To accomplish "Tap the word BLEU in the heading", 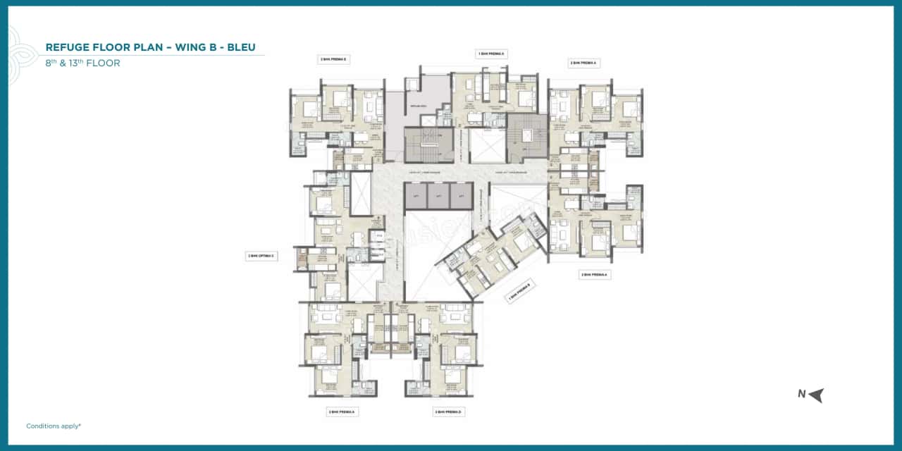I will pos(239,47).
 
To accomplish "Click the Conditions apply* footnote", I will pos(54,426).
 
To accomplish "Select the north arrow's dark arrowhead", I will pos(816,395).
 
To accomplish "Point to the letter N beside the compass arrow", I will pos(801,394).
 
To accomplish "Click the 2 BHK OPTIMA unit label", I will pos(261,256).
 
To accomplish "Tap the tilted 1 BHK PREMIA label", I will pos(521,292).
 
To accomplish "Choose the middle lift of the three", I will pos(438,196).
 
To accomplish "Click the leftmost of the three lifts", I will pos(416,196).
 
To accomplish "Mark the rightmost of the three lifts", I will pos(462,196).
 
